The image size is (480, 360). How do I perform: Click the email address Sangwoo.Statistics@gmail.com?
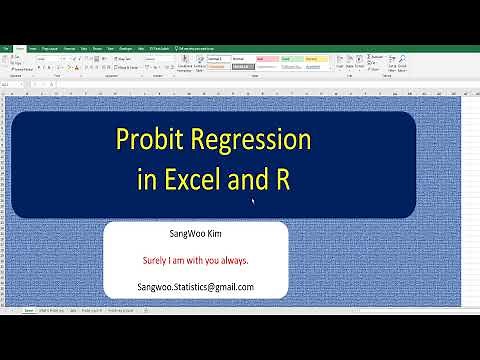[x=196, y=287]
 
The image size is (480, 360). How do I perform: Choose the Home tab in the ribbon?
[x=33, y=47]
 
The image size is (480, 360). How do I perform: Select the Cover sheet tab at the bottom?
[x=29, y=311]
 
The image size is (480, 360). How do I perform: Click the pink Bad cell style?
[x=267, y=59]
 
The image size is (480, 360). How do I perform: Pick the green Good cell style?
[x=291, y=59]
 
